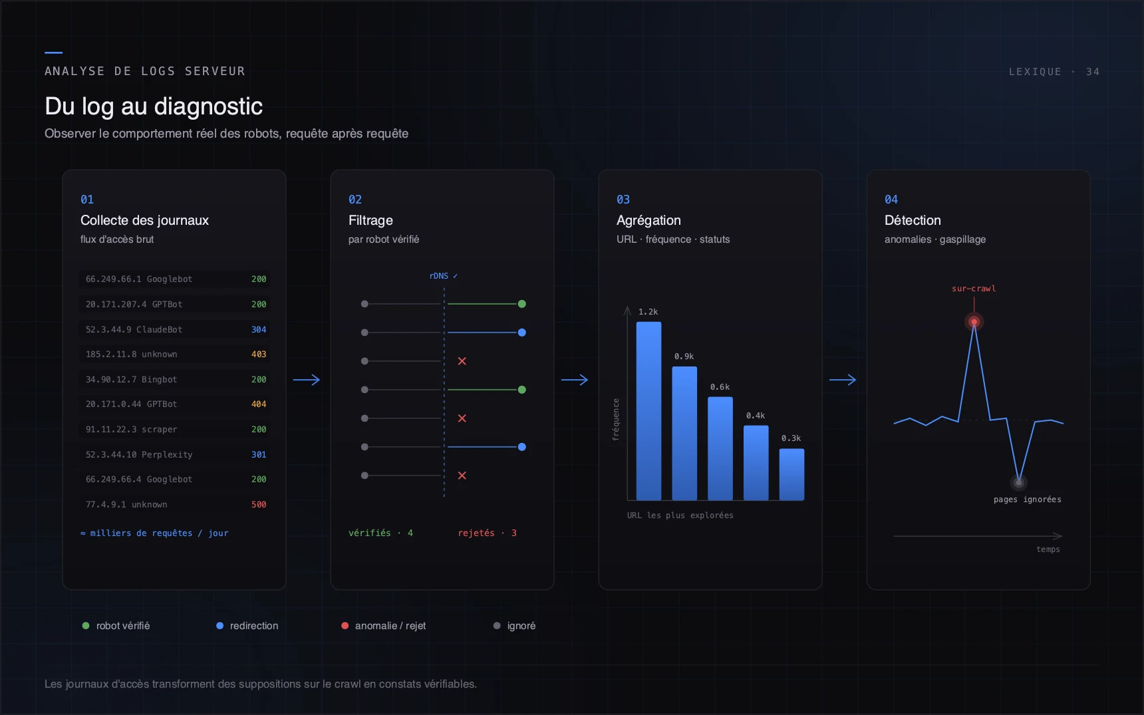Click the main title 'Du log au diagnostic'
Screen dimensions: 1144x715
coord(154,106)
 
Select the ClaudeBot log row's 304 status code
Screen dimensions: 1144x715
coord(259,329)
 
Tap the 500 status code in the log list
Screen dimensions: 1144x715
coord(259,505)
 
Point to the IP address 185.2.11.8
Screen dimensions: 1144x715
coord(111,355)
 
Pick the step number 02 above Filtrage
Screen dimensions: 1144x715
coord(355,200)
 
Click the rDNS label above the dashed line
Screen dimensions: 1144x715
coord(444,276)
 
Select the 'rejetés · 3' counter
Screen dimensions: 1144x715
coord(487,533)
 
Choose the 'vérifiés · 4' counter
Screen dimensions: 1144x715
coord(380,533)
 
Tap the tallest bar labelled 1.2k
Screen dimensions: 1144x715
coord(648,411)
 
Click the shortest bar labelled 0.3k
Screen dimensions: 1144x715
coord(791,474)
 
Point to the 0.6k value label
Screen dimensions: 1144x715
coord(720,387)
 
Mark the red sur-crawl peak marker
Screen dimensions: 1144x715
coord(974,322)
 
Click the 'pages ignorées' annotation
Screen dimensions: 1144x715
coord(1027,500)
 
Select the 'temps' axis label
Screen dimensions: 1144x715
coord(1048,549)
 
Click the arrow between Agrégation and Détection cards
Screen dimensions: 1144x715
coord(843,380)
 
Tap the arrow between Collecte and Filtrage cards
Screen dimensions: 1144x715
coord(307,380)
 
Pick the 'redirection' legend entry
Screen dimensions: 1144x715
coord(247,626)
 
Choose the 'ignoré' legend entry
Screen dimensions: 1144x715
coord(514,626)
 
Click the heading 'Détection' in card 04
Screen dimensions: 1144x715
coord(913,220)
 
